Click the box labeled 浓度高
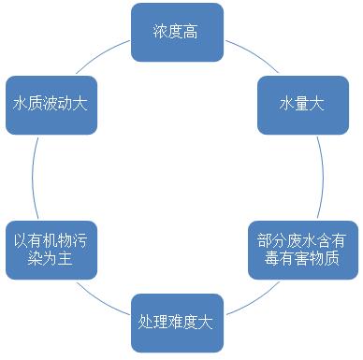(177, 32)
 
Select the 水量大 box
(301, 102)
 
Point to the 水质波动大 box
(51, 102)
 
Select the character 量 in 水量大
(301, 103)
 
